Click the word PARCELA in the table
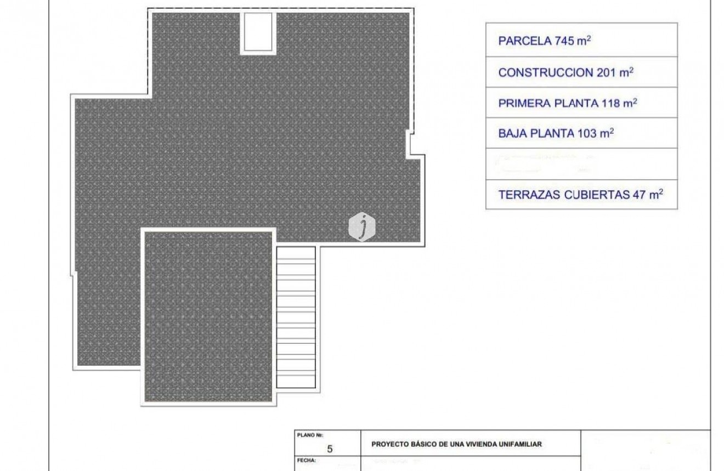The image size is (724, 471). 521,41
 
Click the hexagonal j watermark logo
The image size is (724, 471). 362,226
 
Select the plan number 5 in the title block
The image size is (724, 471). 330,449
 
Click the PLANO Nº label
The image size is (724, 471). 306,435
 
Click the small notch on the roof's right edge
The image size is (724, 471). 410,143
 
